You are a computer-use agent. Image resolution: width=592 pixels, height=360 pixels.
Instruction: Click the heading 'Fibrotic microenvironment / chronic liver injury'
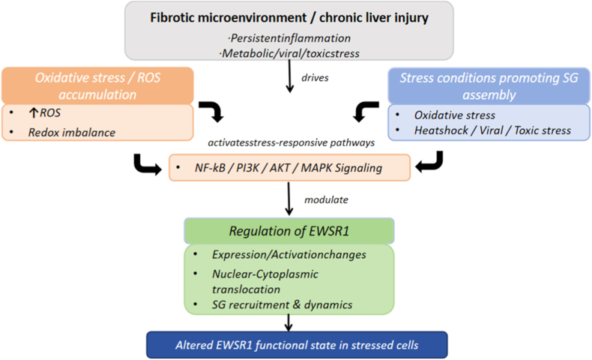(x=289, y=18)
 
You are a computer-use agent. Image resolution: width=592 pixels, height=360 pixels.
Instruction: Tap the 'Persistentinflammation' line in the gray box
(x=289, y=38)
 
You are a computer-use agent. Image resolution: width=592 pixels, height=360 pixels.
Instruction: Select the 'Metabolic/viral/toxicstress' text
(x=289, y=54)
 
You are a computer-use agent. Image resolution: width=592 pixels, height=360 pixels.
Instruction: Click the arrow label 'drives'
(x=315, y=78)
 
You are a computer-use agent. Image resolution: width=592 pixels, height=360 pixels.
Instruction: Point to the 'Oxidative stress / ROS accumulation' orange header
(x=97, y=85)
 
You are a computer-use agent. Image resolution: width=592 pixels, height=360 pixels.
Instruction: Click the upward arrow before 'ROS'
(x=34, y=113)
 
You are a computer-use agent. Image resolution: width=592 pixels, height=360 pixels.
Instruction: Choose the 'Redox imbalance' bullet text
(x=72, y=133)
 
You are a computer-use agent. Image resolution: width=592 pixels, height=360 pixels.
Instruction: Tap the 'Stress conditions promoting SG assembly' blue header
(x=489, y=86)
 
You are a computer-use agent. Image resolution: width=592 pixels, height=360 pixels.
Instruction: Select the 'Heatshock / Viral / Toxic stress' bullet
(x=492, y=130)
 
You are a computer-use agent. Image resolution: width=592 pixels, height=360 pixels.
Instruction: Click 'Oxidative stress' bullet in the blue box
(x=455, y=115)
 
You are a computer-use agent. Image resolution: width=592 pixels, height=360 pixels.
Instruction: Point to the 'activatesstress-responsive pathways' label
(x=291, y=142)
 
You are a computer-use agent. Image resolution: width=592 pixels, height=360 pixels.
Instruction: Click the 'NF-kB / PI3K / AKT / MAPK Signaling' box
(x=289, y=168)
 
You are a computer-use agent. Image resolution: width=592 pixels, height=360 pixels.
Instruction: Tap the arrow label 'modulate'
(x=326, y=199)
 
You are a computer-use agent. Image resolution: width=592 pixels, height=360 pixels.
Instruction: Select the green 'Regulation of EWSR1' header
(x=289, y=231)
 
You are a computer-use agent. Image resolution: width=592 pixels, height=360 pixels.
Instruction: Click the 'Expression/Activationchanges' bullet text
(x=289, y=255)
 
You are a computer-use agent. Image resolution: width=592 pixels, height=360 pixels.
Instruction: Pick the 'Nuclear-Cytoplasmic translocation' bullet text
(x=265, y=282)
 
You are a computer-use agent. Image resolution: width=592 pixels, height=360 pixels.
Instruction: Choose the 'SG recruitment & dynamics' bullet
(x=282, y=304)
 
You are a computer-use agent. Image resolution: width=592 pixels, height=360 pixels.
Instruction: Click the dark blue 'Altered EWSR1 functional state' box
(x=297, y=345)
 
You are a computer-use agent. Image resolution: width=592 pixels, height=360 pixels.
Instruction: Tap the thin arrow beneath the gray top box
(x=289, y=76)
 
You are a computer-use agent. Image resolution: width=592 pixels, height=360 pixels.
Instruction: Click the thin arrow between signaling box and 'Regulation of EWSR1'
(x=289, y=199)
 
